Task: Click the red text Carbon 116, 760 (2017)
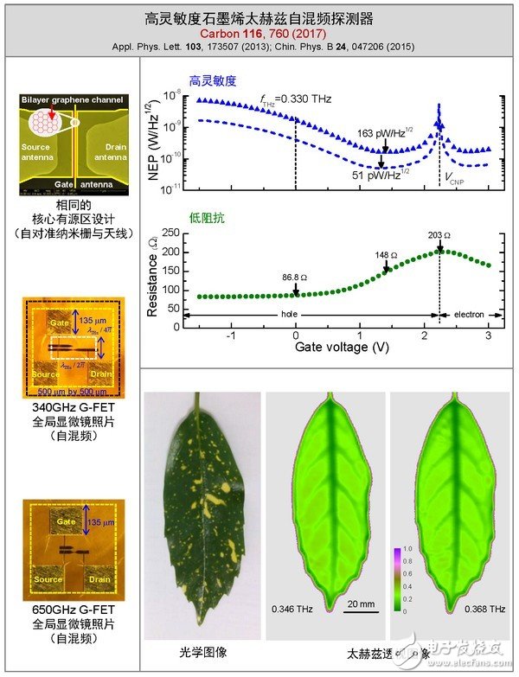click(x=259, y=30)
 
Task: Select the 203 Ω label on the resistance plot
click(x=441, y=235)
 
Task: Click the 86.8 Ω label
click(x=296, y=278)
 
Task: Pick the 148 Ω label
click(x=387, y=256)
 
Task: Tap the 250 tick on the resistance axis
click(x=172, y=233)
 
